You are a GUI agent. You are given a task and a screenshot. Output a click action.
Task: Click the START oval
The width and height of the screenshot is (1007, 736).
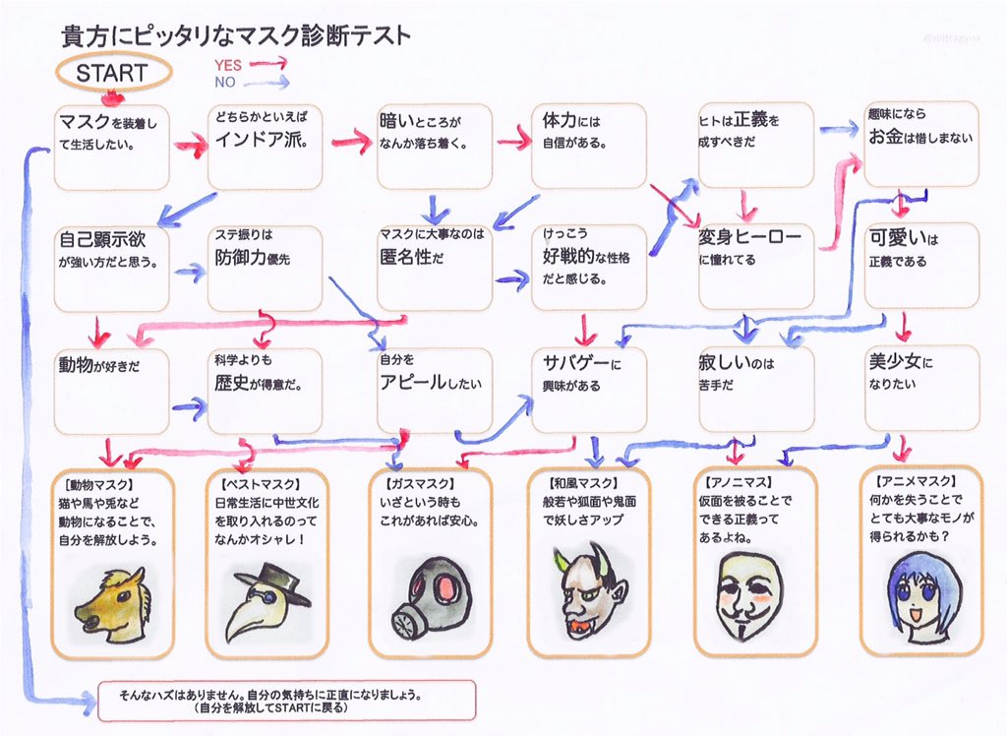[x=111, y=72]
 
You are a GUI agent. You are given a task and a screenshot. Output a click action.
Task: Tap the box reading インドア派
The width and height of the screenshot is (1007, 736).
[x=265, y=146]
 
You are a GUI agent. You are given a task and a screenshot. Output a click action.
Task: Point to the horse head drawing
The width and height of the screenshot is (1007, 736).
[x=112, y=603]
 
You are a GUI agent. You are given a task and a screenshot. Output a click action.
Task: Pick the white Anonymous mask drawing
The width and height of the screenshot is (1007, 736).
[x=750, y=596]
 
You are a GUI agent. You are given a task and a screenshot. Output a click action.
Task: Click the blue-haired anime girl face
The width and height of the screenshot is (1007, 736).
[x=921, y=596]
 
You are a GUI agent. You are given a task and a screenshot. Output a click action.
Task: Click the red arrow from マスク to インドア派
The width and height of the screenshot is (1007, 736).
[x=190, y=147]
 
